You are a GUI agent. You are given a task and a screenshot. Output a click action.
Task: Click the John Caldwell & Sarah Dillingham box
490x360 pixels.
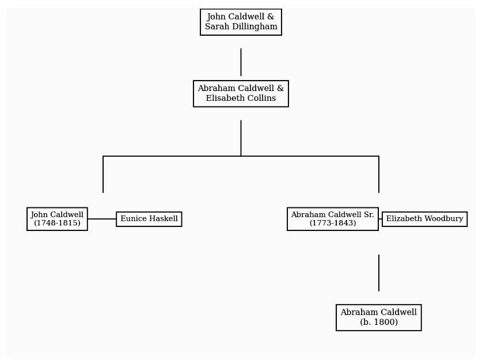(x=241, y=22)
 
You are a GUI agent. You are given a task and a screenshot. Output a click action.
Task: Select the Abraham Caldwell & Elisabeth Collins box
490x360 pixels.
(x=241, y=93)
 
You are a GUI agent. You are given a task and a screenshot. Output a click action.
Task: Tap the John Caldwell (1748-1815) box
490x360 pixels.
(x=57, y=219)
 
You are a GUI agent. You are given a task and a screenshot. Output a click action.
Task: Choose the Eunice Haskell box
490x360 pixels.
(x=149, y=219)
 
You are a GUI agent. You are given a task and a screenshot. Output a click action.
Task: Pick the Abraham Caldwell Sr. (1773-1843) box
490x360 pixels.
(x=332, y=219)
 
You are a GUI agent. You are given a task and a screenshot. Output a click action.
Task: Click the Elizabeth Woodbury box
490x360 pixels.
(x=425, y=219)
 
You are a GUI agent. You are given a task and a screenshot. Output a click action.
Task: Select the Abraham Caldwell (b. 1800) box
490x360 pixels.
(x=379, y=317)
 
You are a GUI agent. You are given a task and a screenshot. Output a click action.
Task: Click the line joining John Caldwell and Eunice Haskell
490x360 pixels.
(x=102, y=219)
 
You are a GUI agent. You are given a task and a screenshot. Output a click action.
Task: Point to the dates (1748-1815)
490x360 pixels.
(x=57, y=223)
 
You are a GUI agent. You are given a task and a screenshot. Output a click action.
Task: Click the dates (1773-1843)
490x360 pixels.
(x=332, y=223)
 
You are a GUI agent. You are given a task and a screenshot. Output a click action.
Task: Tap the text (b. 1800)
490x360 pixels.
(x=379, y=322)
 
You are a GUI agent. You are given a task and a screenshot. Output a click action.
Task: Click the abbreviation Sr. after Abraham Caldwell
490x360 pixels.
(x=369, y=215)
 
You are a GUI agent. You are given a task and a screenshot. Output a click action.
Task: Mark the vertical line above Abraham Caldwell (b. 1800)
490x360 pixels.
(x=379, y=273)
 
